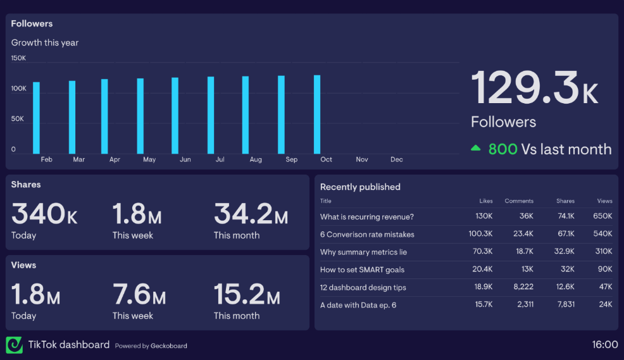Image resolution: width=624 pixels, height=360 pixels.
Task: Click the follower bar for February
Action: pyautogui.click(x=36, y=118)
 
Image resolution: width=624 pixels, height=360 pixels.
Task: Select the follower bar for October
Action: pyautogui.click(x=317, y=115)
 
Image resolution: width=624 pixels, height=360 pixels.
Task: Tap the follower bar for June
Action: pyautogui.click(x=175, y=116)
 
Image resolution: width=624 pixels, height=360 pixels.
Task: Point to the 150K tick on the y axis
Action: pyautogui.click(x=18, y=58)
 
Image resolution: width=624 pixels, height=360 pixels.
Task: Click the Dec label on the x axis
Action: pyautogui.click(x=397, y=159)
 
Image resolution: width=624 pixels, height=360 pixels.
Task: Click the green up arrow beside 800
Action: pyautogui.click(x=475, y=149)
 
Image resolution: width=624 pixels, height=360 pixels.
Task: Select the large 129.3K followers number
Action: pyautogui.click(x=534, y=88)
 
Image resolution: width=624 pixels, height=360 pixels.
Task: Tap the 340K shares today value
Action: pyautogui.click(x=44, y=214)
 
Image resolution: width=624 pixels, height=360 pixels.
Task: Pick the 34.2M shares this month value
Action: pyautogui.click(x=251, y=214)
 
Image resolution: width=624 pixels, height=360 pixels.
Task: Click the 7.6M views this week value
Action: pyautogui.click(x=139, y=295)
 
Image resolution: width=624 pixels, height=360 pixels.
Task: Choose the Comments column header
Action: pyautogui.click(x=519, y=201)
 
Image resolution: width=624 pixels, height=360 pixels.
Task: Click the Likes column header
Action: pyautogui.click(x=486, y=201)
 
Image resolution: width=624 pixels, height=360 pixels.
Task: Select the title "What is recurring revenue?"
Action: pyautogui.click(x=367, y=216)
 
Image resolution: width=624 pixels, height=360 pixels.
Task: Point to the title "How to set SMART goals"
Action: pyautogui.click(x=362, y=270)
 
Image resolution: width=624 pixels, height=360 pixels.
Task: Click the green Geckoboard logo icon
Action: pyautogui.click(x=14, y=345)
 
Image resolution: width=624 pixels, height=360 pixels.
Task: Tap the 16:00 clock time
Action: pyautogui.click(x=604, y=345)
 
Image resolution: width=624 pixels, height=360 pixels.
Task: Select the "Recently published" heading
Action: pyautogui.click(x=360, y=187)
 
